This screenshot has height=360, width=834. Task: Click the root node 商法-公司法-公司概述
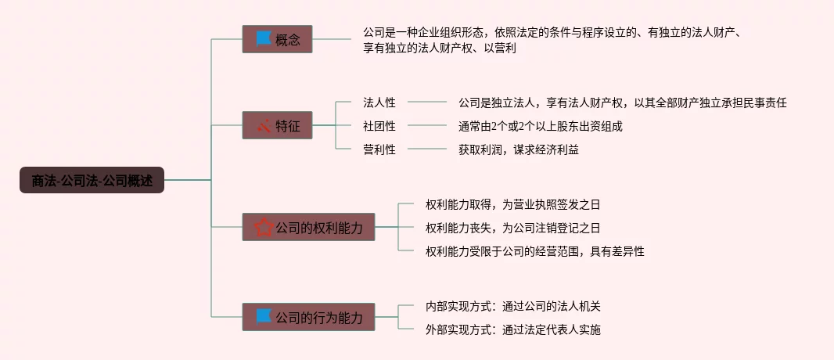tap(92, 180)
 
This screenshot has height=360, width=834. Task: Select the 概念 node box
tap(277, 39)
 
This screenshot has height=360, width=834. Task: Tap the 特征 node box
tap(277, 125)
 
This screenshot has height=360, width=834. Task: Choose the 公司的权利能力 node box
tap(308, 227)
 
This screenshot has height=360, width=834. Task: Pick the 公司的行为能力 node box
tap(308, 317)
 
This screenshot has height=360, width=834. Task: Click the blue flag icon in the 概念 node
tap(263, 38)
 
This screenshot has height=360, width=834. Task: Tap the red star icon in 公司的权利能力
tap(264, 227)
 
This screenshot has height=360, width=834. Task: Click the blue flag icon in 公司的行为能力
tap(264, 317)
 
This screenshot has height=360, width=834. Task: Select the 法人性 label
tap(379, 103)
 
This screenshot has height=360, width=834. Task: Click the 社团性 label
tap(379, 126)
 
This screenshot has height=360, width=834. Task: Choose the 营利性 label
tap(379, 149)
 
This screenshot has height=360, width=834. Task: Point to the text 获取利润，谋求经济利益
tap(518, 149)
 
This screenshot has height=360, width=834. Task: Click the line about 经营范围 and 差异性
tap(534, 251)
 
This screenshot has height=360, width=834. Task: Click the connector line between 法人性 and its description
tap(427, 102)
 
